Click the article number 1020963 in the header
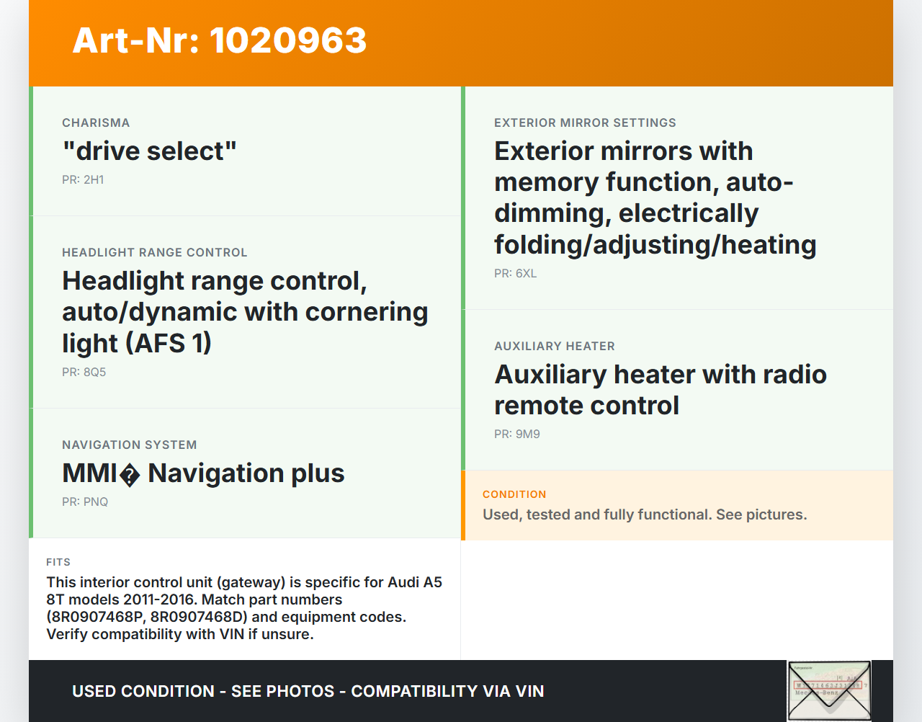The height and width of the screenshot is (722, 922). pos(288,40)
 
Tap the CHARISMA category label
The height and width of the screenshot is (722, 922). pos(96,122)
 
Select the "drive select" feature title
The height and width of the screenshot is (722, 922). pos(149,151)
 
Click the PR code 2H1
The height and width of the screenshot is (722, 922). pos(83,179)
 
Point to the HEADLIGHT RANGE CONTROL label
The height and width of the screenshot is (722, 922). pos(154,252)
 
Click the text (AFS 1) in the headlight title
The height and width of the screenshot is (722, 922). pos(169,343)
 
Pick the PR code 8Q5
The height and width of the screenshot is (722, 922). pos(84,372)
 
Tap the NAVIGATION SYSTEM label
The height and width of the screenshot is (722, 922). pos(130,445)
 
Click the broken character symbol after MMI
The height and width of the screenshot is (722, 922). pos(130,475)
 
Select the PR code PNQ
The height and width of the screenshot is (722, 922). pos(85,502)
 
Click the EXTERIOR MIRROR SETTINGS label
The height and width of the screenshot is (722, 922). pos(585,122)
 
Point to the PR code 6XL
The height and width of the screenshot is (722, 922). pos(516,273)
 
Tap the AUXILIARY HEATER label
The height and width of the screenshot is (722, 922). pos(555,346)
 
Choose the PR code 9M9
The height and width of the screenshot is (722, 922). pos(516,434)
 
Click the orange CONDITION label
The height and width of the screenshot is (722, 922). pos(514,494)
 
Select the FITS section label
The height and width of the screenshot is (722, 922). pos(58,562)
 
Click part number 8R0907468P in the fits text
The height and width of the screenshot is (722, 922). pos(97,617)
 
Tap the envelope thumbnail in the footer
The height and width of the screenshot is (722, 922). pos(830,690)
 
